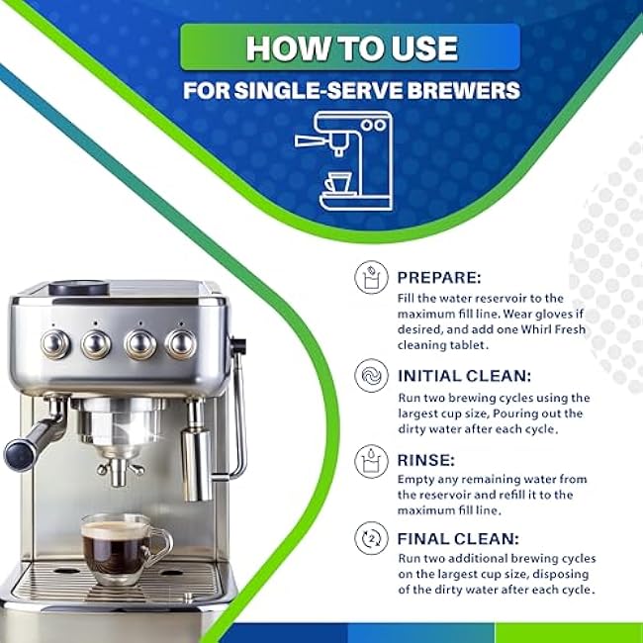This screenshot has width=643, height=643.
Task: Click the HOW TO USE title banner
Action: click(350, 47)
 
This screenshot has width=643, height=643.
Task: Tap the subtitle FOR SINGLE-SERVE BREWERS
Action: click(351, 90)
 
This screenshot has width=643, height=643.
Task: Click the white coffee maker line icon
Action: click(344, 160)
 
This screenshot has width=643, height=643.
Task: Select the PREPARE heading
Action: click(439, 278)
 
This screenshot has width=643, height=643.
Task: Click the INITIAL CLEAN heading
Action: click(464, 376)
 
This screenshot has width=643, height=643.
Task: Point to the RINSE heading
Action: click(426, 460)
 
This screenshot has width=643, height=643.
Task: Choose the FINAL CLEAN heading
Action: click(458, 538)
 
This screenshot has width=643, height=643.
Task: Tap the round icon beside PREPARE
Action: click(371, 278)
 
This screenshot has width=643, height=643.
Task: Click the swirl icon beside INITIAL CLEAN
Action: click(371, 376)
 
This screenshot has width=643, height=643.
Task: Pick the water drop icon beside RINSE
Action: click(371, 461)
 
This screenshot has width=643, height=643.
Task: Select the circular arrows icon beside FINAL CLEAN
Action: click(371, 538)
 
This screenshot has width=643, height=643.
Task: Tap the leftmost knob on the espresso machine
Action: click(55, 343)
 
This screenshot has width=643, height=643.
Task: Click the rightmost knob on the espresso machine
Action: click(181, 343)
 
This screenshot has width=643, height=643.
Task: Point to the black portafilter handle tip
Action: click(18, 454)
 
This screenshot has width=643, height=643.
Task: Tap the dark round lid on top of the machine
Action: click(79, 288)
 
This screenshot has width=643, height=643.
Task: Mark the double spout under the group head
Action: click(119, 471)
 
